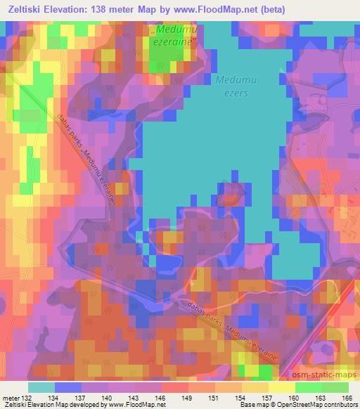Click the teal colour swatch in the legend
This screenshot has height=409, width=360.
pos(41,387)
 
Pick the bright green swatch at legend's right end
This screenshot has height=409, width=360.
pos(335,387)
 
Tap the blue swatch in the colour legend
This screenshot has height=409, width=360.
pos(68,387)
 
